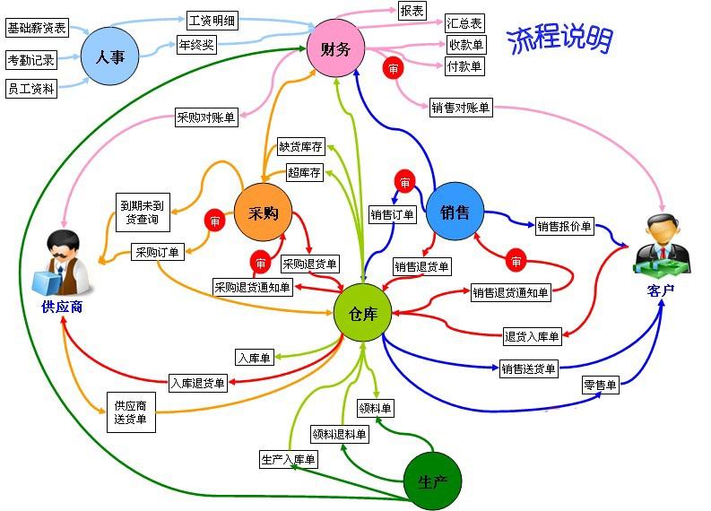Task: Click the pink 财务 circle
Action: click(x=335, y=48)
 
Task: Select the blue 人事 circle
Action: click(x=109, y=56)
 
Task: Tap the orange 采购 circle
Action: click(x=263, y=212)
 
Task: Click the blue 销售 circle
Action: click(x=455, y=212)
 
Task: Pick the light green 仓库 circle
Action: click(x=362, y=312)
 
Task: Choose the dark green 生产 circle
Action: click(x=432, y=481)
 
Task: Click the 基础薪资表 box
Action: click(x=37, y=28)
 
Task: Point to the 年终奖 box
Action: click(x=196, y=45)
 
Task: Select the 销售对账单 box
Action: click(x=461, y=108)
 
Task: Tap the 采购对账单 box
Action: click(x=206, y=117)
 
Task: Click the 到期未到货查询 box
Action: click(x=143, y=212)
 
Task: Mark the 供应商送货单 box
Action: click(x=131, y=412)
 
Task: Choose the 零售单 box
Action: click(x=601, y=385)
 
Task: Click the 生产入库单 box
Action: click(x=289, y=459)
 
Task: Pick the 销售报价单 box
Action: click(x=565, y=226)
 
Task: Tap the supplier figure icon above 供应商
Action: click(x=62, y=262)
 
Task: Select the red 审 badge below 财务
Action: click(x=393, y=68)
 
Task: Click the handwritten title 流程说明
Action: click(x=560, y=39)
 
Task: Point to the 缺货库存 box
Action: click(x=301, y=146)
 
